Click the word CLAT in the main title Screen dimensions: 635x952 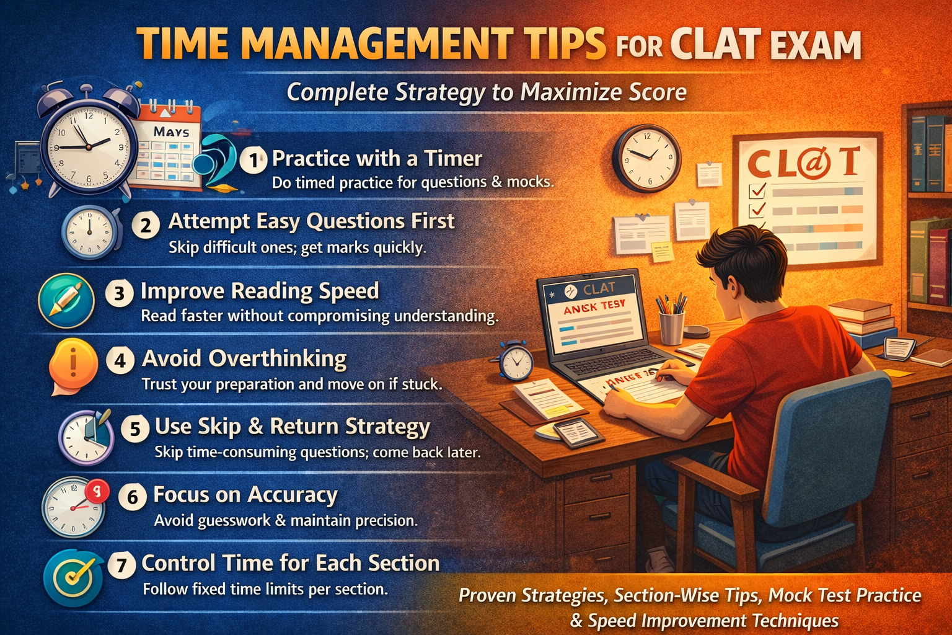(715, 45)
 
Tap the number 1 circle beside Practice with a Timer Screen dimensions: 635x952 (253, 161)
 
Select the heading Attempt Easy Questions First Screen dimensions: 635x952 (311, 221)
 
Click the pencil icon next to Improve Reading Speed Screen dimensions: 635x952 (66, 301)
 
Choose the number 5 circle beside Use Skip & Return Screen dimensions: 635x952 (135, 429)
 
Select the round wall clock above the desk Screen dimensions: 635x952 (646, 158)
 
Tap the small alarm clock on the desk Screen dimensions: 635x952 (516, 362)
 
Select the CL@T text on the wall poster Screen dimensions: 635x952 (804, 163)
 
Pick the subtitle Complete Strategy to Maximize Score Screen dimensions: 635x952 (487, 92)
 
